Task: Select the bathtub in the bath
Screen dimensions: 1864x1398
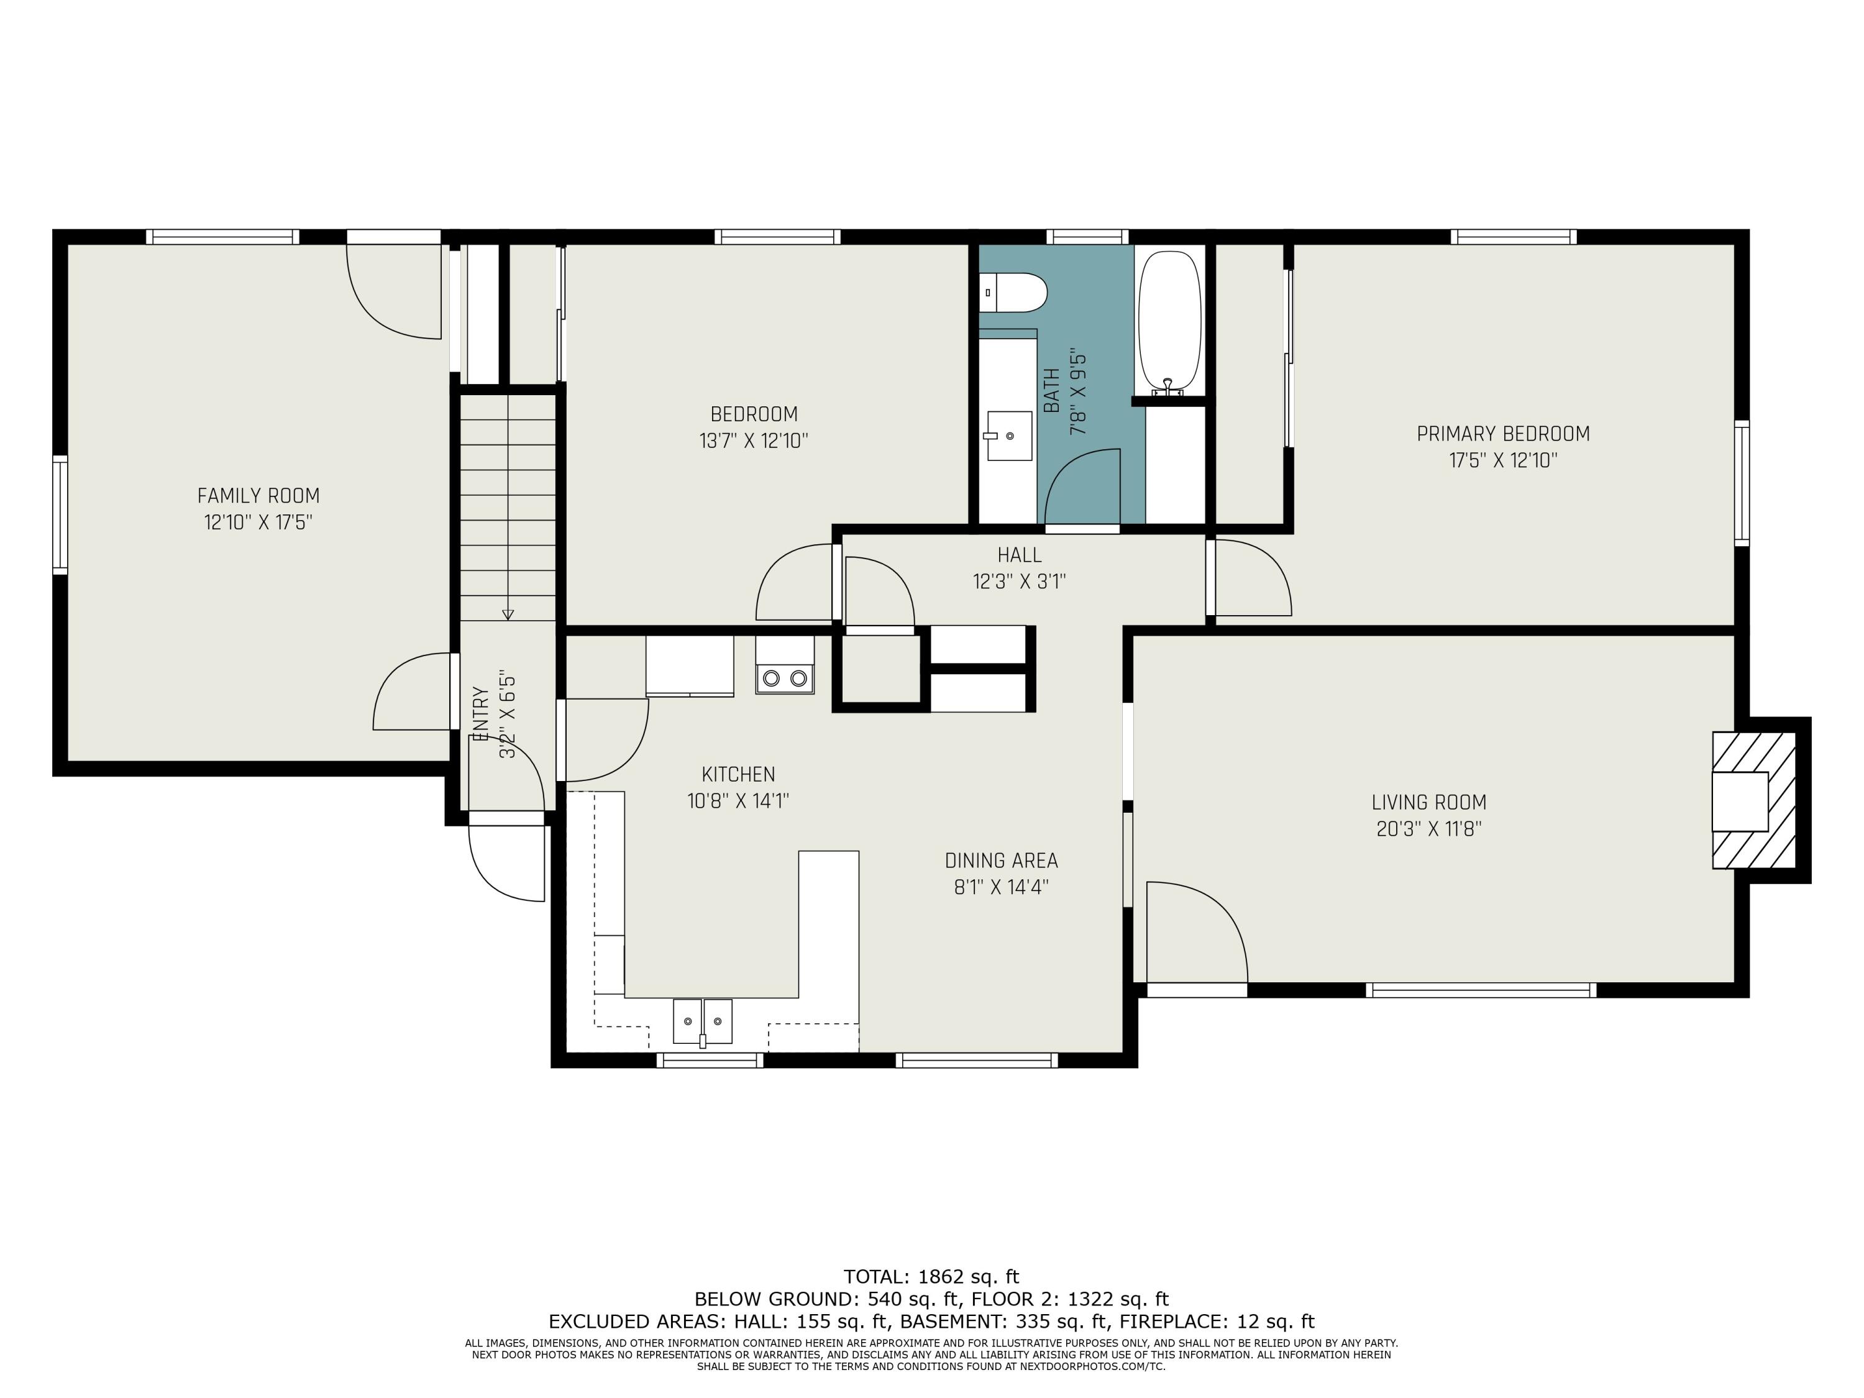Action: coord(1169,322)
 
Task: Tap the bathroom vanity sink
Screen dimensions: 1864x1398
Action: coord(1008,436)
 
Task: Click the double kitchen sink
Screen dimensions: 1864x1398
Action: coord(702,1021)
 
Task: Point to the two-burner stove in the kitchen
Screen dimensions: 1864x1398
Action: coord(785,677)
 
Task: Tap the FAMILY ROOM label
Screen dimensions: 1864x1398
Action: coord(258,495)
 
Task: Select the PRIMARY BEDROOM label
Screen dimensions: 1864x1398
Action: coord(1504,434)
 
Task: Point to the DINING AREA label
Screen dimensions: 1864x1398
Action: coord(1001,861)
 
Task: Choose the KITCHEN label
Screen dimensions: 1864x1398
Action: coord(738,774)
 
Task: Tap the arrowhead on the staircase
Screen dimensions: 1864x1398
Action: coord(507,614)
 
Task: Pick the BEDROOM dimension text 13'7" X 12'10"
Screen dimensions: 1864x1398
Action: coord(753,441)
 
